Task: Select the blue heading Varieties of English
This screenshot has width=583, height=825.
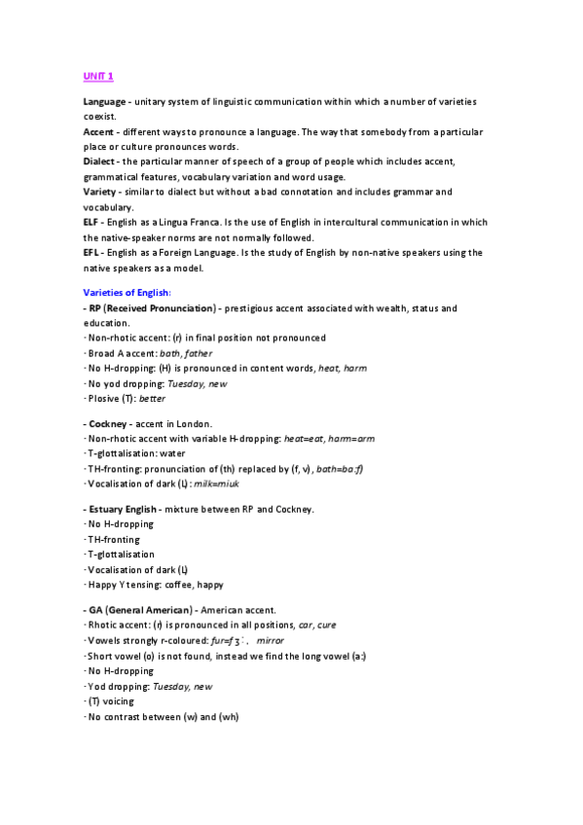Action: (x=128, y=291)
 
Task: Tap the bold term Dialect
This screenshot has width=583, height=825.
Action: (x=98, y=161)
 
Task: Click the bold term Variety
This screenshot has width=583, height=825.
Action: (x=98, y=191)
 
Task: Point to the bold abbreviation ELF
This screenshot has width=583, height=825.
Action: (x=91, y=221)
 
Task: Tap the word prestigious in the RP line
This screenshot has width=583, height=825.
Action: (x=253, y=307)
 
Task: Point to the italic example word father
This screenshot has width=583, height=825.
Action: (x=197, y=352)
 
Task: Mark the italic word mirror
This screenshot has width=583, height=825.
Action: (x=270, y=641)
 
